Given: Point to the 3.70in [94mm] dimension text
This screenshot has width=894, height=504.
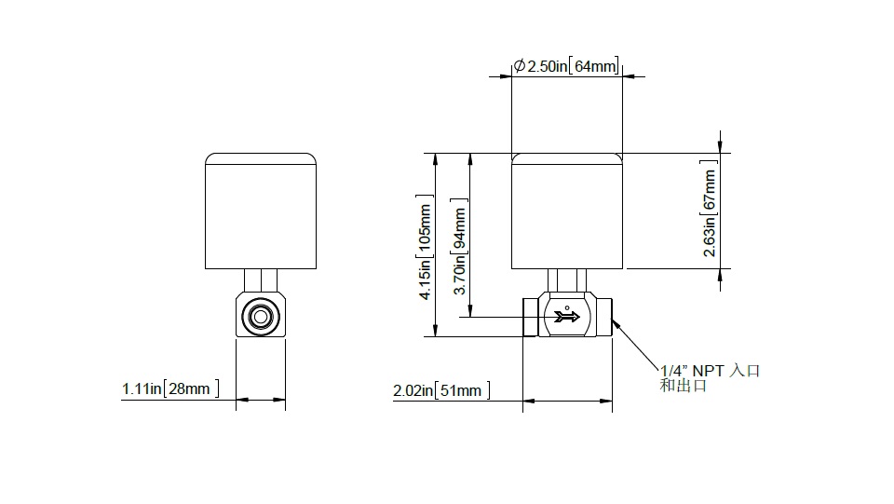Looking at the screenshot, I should (459, 252).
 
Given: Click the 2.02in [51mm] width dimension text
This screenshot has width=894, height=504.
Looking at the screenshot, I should (440, 391).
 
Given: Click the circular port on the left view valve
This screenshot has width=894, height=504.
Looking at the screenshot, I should (260, 315).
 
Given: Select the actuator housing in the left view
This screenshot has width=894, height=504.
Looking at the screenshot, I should (260, 211).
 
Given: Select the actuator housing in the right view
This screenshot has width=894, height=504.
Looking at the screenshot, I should (567, 211).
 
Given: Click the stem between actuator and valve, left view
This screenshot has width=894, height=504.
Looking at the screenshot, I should (260, 280).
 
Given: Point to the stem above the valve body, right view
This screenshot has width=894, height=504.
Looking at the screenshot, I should (567, 280).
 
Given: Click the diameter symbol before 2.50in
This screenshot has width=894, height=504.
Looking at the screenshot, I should (519, 66).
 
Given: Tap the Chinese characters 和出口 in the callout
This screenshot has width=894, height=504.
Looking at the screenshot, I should (683, 386).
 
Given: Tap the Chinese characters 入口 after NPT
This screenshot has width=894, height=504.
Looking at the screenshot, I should (746, 371).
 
